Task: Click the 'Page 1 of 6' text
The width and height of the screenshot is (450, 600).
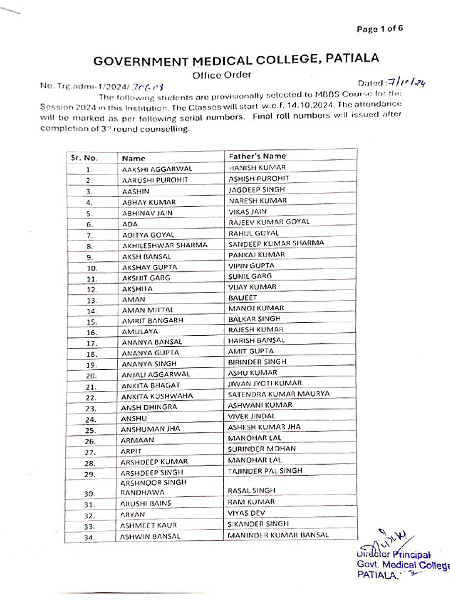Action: click(380, 29)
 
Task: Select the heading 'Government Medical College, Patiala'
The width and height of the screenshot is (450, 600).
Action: click(237, 60)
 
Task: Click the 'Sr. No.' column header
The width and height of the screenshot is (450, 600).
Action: click(84, 158)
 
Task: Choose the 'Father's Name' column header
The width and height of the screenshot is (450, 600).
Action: click(257, 156)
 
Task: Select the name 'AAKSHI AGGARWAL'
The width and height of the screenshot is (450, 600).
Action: click(157, 169)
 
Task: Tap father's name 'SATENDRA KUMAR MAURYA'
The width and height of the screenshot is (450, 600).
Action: click(278, 394)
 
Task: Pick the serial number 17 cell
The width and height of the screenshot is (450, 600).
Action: click(91, 343)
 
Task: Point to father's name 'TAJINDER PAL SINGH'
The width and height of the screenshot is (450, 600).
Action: click(265, 471)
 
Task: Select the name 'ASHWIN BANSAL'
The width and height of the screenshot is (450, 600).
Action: click(151, 536)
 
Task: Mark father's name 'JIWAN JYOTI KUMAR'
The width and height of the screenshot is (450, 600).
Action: click(265, 383)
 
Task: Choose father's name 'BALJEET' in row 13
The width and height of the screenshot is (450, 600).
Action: click(243, 298)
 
